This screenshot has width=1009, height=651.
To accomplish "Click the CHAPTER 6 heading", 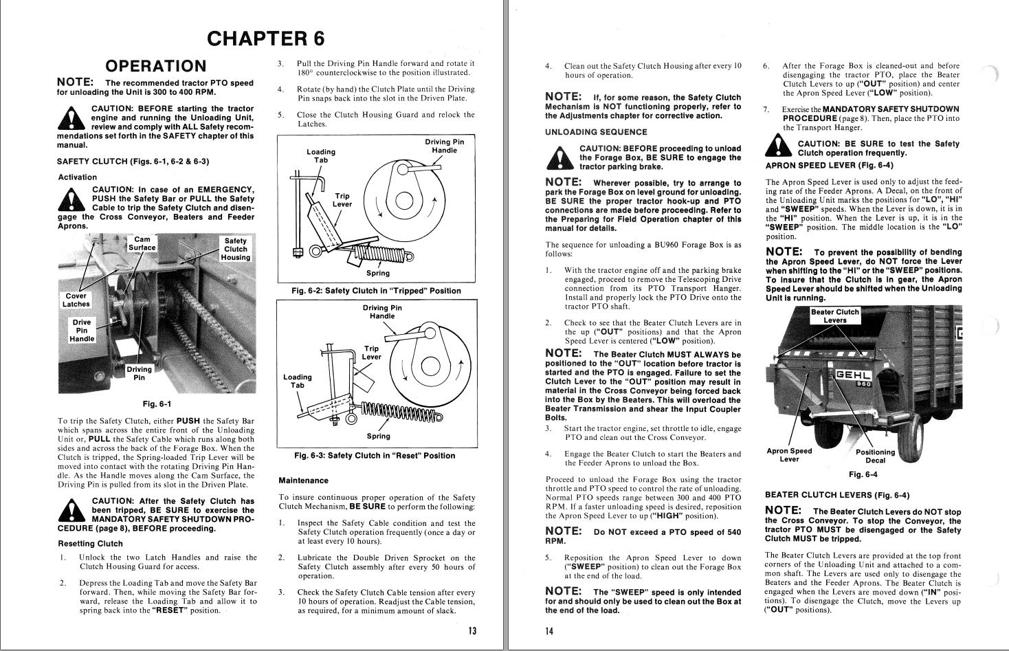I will point(265,38).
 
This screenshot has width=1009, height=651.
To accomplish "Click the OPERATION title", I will point(155,66).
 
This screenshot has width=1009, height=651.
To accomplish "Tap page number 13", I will point(472,631).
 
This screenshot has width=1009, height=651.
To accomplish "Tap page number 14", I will point(549,631).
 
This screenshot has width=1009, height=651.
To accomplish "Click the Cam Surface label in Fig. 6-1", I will point(142,243).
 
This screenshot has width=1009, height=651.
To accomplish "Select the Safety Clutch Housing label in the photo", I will point(235,249).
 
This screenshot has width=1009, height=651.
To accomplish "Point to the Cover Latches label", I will point(76,300).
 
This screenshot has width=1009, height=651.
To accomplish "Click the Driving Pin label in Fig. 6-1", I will point(139,373).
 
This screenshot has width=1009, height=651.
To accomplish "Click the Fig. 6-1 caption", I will point(155,404).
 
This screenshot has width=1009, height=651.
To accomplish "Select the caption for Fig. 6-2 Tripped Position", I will point(376,291).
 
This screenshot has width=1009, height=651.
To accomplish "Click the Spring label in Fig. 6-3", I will point(378,436).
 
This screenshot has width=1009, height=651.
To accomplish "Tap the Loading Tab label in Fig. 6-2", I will point(321,156).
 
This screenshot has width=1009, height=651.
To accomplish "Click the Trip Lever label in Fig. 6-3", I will point(371,353).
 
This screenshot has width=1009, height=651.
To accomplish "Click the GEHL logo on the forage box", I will point(852,375).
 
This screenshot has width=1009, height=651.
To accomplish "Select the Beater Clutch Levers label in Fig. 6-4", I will point(834,316).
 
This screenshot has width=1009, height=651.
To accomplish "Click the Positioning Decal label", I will point(875,456).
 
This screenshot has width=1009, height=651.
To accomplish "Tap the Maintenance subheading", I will point(303,481).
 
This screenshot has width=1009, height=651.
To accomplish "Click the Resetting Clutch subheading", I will point(90,543).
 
